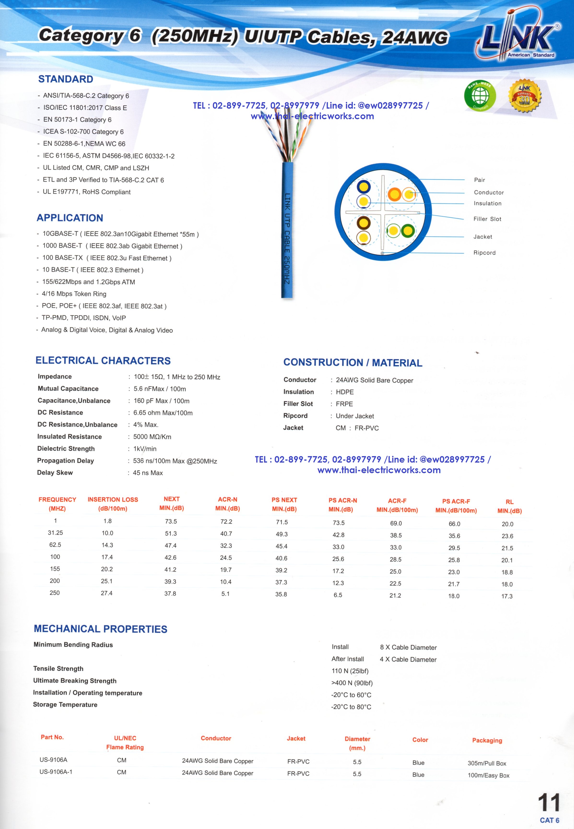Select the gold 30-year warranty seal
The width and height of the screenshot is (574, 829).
524,96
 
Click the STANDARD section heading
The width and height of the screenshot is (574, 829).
66,79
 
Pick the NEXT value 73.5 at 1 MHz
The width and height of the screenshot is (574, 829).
171,521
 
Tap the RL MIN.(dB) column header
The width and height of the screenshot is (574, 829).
509,506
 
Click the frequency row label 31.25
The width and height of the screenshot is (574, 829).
55,533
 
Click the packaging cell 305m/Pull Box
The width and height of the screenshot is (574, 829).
487,763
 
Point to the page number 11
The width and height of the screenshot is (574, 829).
549,803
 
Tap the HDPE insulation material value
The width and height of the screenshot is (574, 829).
344,392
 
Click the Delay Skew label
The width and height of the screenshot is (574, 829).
55,472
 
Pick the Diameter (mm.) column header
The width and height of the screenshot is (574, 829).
357,743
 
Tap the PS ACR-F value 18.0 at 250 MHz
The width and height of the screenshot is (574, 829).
454,596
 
